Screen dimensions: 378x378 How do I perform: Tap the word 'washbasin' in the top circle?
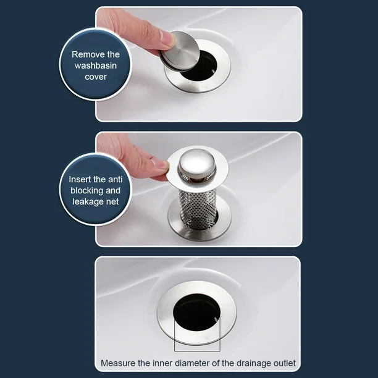[95, 65]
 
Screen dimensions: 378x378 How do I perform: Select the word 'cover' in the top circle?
[95, 77]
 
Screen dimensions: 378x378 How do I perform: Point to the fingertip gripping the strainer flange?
[159, 166]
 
